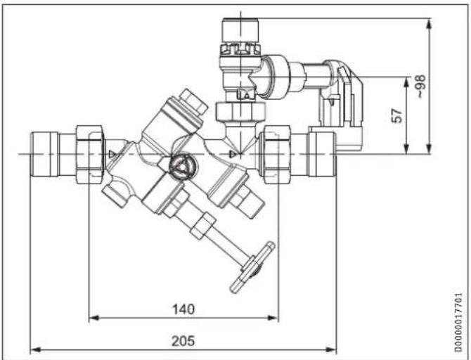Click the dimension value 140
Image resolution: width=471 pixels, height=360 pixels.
tap(183, 309)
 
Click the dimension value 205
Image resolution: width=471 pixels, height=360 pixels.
tap(183, 341)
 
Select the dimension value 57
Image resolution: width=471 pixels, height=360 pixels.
tap(397, 115)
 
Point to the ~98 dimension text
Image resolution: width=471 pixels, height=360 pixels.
tap(420, 86)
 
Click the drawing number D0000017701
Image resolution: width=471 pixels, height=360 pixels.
tap(458, 323)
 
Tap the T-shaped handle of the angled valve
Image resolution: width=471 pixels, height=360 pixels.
tap(252, 268)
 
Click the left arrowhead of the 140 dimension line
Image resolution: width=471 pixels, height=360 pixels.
tap(94, 318)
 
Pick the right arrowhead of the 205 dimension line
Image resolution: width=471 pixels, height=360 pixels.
tap(331, 349)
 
